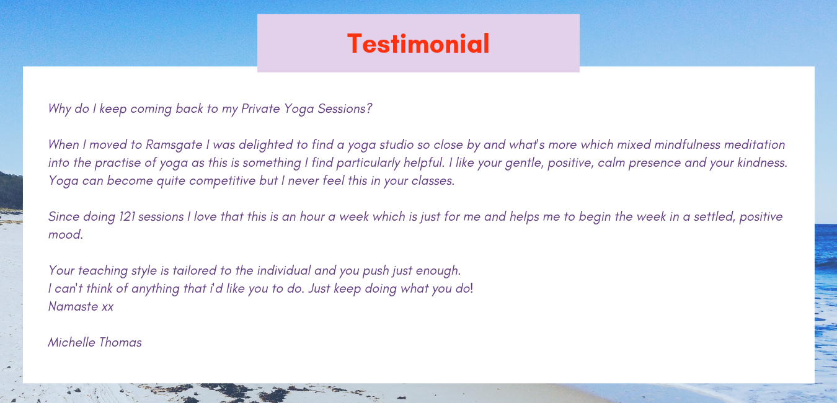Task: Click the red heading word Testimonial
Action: (418, 43)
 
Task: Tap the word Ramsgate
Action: (174, 145)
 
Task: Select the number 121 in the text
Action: (126, 216)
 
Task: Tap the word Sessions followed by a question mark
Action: (345, 108)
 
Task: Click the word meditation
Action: (755, 144)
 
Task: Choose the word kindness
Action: (762, 162)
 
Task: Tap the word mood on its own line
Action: (65, 234)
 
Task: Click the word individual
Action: (284, 270)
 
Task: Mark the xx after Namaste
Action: (108, 307)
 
